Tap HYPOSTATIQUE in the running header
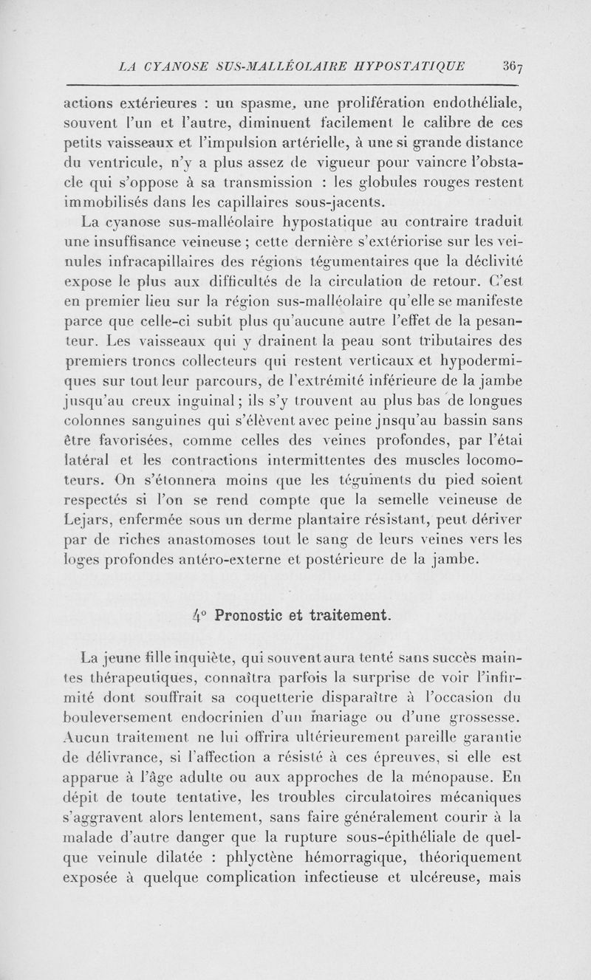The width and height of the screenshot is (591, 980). [417, 65]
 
